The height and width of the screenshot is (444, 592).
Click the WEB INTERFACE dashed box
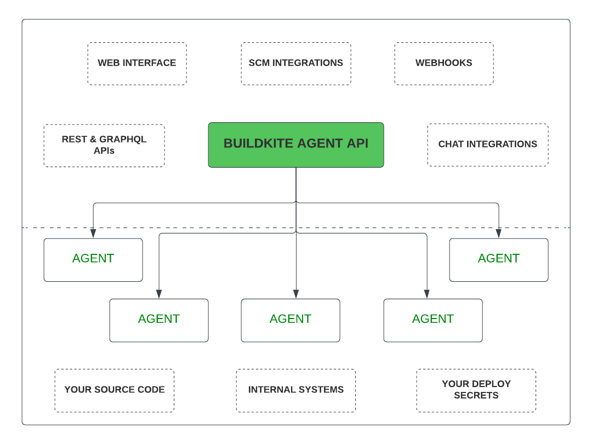pyautogui.click(x=137, y=64)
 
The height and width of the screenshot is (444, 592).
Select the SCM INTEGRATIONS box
pyautogui.click(x=296, y=64)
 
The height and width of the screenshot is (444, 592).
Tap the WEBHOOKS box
pyautogui.click(x=444, y=64)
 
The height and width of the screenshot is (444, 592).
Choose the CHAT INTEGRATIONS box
pyautogui.click(x=487, y=145)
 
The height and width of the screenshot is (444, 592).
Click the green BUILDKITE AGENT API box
pyautogui.click(x=296, y=145)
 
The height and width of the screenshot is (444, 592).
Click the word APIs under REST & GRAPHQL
pyautogui.click(x=104, y=150)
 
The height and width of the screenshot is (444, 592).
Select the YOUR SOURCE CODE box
pyautogui.click(x=115, y=390)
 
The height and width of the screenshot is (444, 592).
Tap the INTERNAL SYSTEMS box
pyautogui.click(x=296, y=390)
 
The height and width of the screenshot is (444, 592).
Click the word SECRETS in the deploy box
pyautogui.click(x=476, y=395)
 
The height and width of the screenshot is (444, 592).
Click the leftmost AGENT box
pyautogui.click(x=93, y=260)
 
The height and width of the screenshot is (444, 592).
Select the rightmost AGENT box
pyautogui.click(x=499, y=260)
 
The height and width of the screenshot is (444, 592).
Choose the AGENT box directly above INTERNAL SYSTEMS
pyautogui.click(x=291, y=320)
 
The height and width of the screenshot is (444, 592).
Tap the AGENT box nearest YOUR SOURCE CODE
pyautogui.click(x=159, y=320)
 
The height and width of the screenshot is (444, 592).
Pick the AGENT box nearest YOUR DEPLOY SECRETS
pyautogui.click(x=433, y=320)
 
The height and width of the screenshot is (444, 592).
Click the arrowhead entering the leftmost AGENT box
pyautogui.click(x=93, y=234)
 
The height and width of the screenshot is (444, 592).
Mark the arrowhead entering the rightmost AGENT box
pyautogui.click(x=499, y=234)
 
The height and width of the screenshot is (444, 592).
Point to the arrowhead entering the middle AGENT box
pyautogui.click(x=296, y=294)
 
